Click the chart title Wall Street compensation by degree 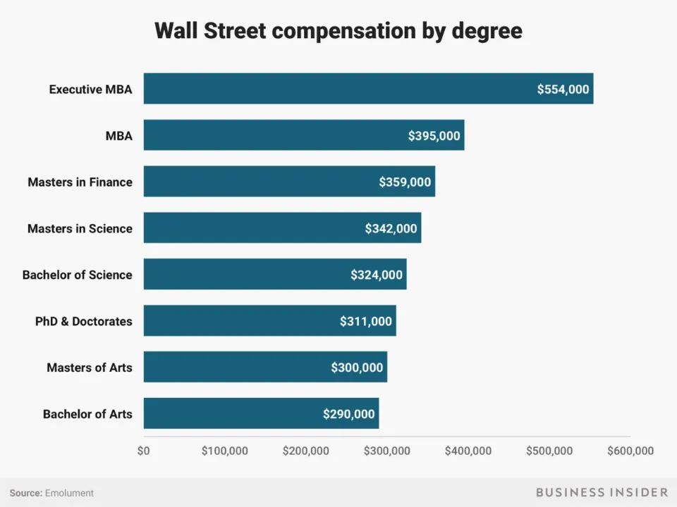coord(338,31)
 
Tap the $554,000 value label coord(563,89)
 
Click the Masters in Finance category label coord(80,182)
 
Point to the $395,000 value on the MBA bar coord(434,136)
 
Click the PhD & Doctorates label coord(83,321)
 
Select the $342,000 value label coord(391,229)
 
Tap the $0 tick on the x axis coord(144,451)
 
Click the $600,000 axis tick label coord(630,451)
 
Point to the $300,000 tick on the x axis coord(387,451)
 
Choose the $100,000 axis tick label coord(224,451)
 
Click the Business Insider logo coord(602,492)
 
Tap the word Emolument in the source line coord(69,493)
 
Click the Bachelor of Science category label coord(77,275)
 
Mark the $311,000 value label coord(365,321)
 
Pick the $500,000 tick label coord(549,451)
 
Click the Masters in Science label coord(80,228)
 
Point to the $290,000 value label coord(348,414)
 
